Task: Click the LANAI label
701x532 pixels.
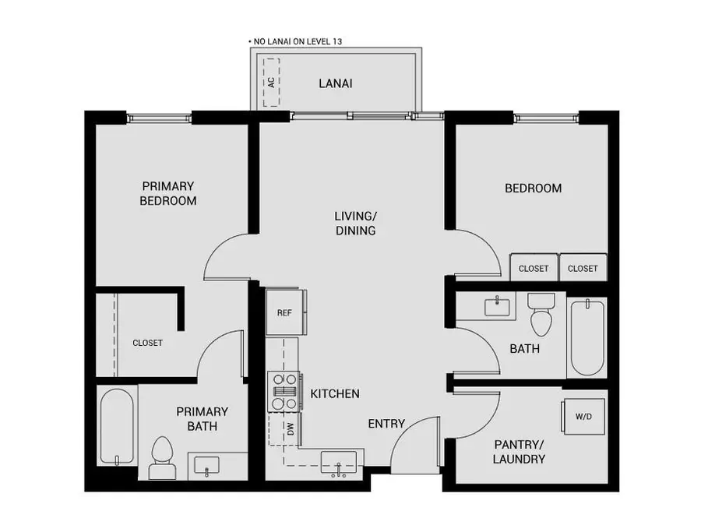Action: tap(335, 83)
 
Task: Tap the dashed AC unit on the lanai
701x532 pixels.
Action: tap(271, 81)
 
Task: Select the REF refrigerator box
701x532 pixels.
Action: tap(285, 312)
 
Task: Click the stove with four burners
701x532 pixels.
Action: tap(284, 391)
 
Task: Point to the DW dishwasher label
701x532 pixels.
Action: tap(291, 428)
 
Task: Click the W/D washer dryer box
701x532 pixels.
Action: tap(583, 417)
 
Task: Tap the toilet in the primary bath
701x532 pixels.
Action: tap(162, 458)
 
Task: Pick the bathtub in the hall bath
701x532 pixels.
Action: tap(588, 339)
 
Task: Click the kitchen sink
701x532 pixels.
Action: tap(339, 462)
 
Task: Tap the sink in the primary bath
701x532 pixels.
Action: tap(207, 466)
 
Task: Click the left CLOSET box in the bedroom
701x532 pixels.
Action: tap(534, 268)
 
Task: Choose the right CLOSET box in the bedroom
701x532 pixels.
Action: tap(583, 268)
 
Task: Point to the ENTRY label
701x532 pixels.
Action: tap(386, 424)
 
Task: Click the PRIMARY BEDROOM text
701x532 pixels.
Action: tap(167, 193)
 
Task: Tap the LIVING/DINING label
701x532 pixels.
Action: tap(355, 223)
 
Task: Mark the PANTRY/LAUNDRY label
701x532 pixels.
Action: tap(519, 452)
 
